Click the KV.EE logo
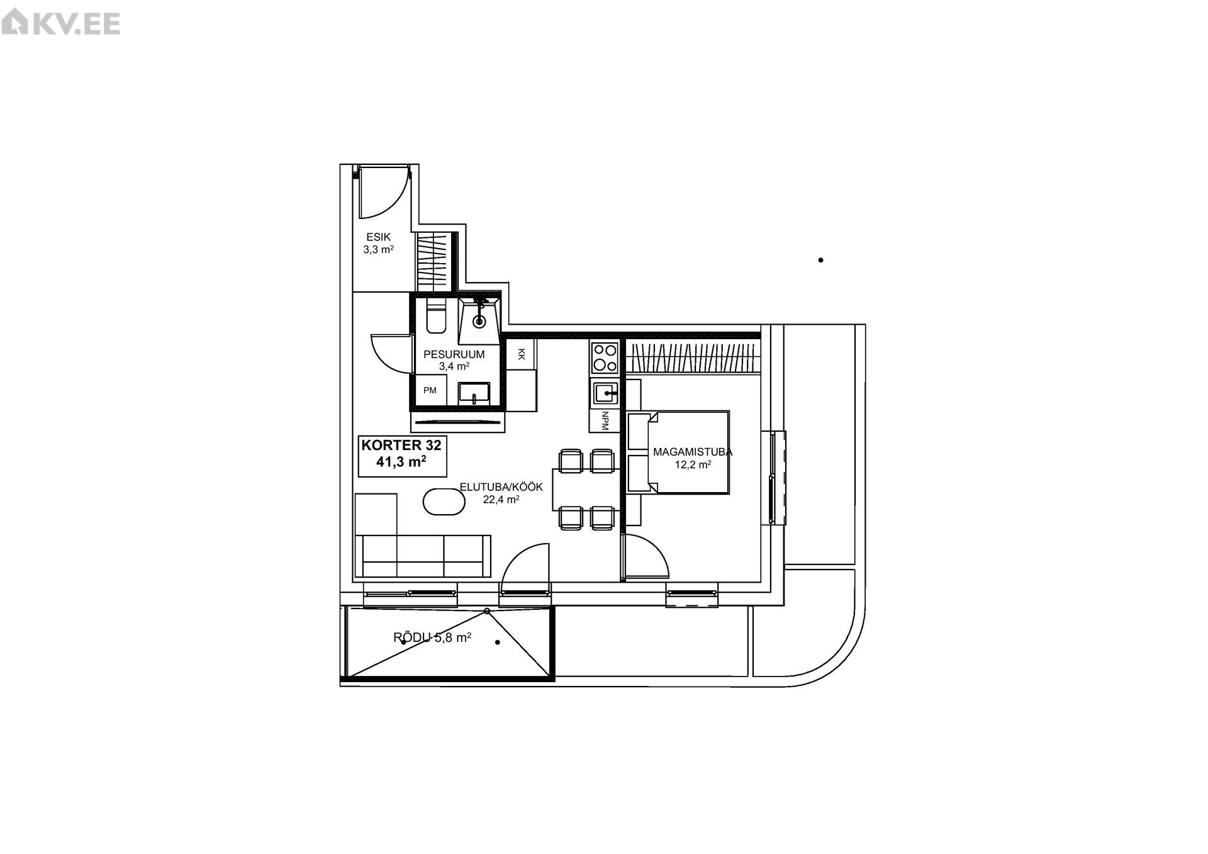(x=61, y=23)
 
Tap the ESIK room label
(x=379, y=237)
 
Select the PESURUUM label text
(x=454, y=355)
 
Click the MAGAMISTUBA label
(x=693, y=452)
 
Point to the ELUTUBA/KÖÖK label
(x=501, y=487)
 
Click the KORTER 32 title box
(x=402, y=456)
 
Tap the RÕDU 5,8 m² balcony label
(x=432, y=638)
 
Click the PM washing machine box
(x=430, y=391)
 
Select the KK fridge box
(x=521, y=355)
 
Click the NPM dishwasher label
(x=605, y=420)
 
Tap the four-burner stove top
(x=605, y=357)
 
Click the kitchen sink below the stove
(x=605, y=393)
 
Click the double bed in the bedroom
(x=678, y=452)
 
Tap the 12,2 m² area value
(x=693, y=465)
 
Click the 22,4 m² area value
(x=501, y=500)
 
